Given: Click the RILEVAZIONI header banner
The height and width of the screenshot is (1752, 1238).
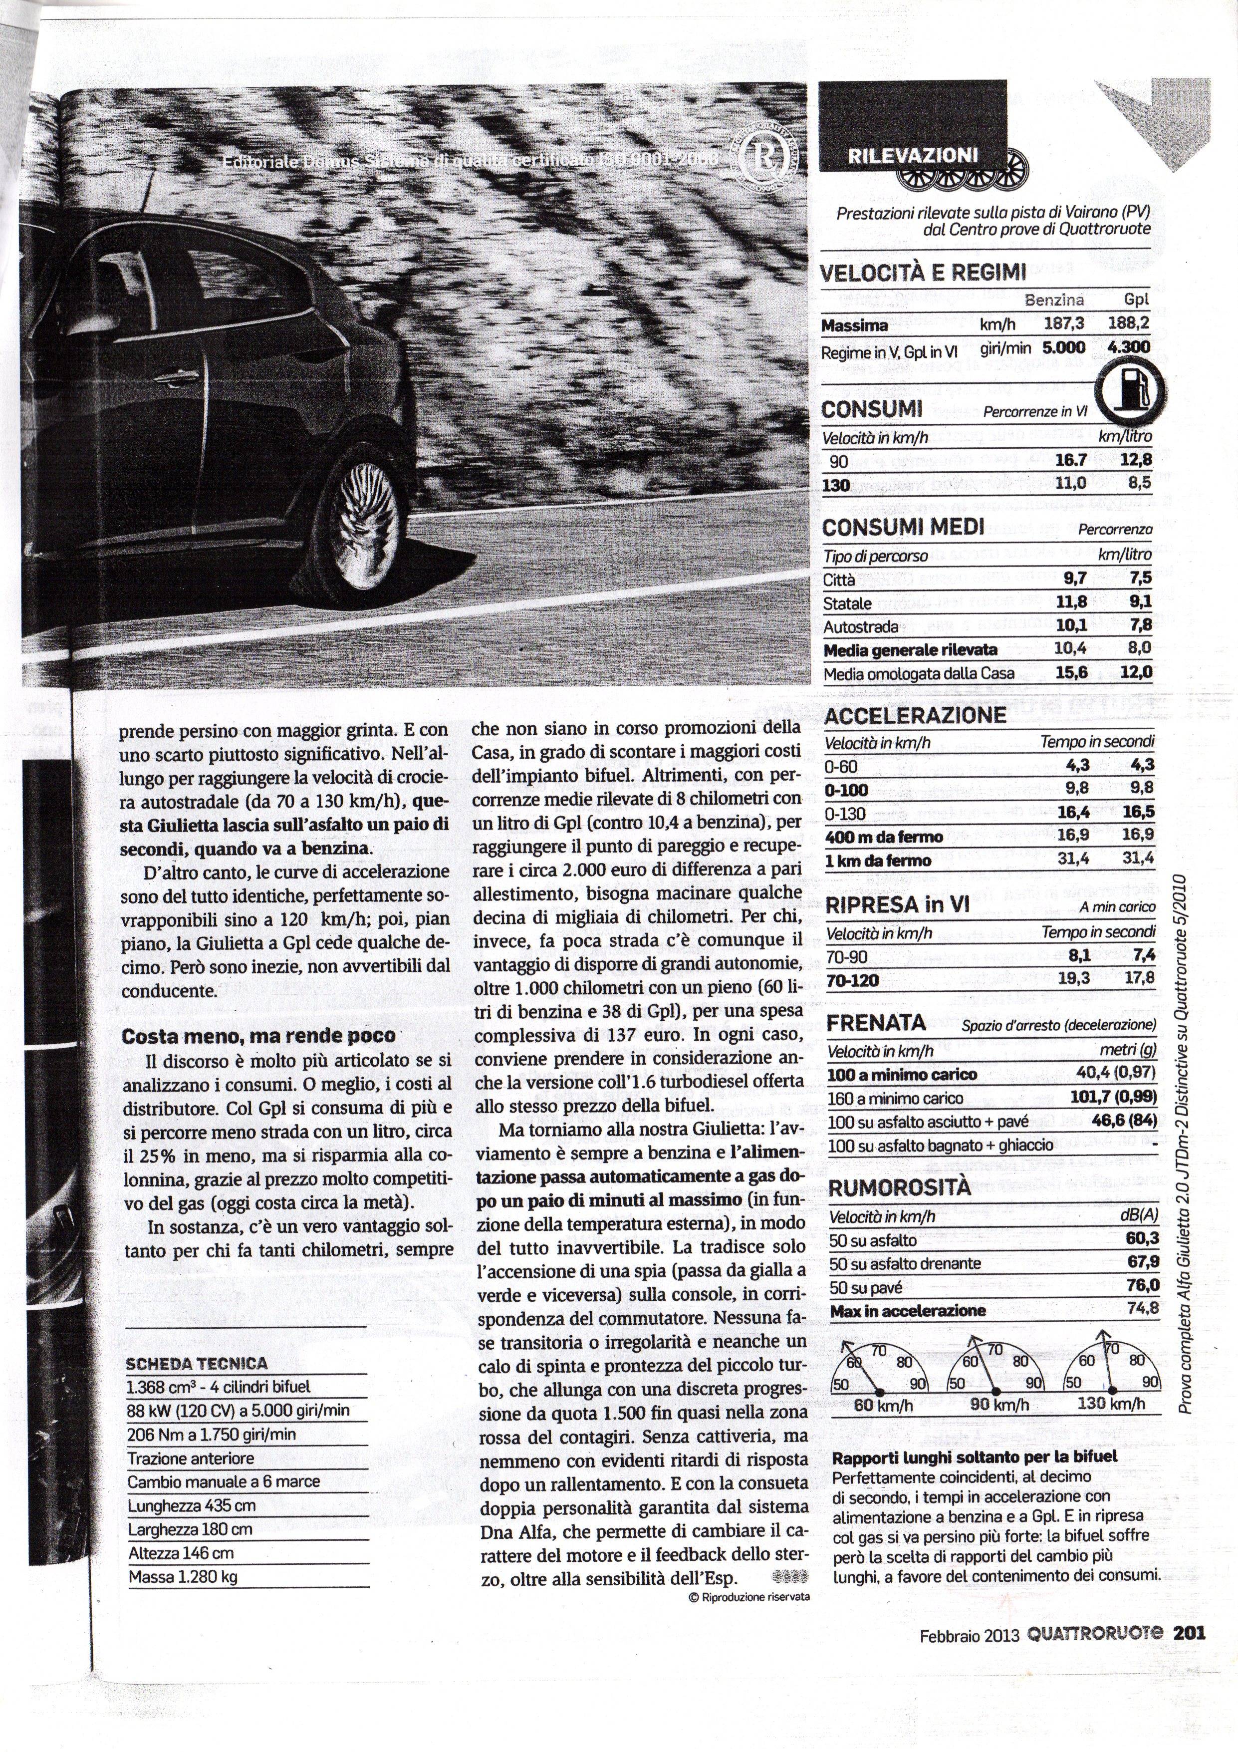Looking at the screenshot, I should click(x=912, y=155).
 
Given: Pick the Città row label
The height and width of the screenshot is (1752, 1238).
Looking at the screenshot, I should click(x=839, y=579).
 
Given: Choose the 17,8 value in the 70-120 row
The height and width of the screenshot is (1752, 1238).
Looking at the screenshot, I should click(x=1139, y=980).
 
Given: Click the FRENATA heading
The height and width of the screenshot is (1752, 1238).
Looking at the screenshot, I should click(x=876, y=1023).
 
